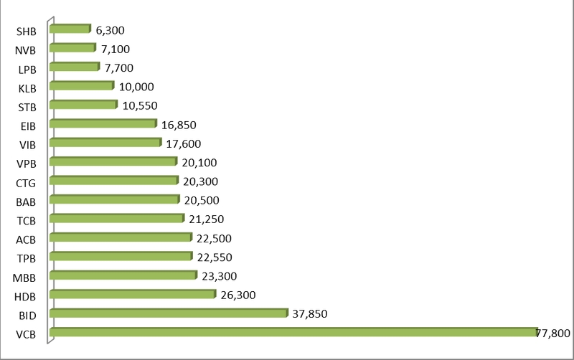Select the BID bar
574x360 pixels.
pos(169,313)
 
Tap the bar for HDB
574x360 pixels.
pos(133,294)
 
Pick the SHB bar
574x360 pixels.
pos(70,29)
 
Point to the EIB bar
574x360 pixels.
pos(103,124)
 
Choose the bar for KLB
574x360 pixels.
pos(82,86)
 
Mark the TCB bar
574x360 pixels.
pos(117,219)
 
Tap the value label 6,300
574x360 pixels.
pos(110,30)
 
